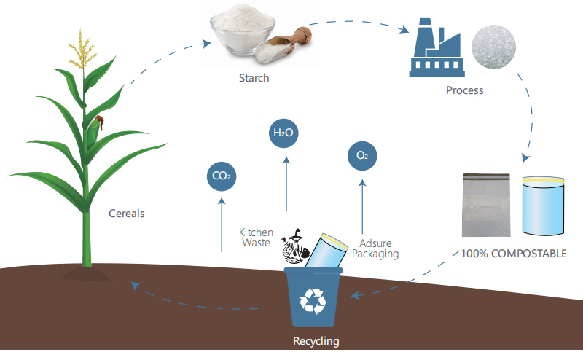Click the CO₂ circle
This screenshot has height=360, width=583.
(222, 176)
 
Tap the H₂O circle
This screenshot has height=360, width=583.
(283, 133)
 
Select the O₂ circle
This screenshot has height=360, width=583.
(362, 156)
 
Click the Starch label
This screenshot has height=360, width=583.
(254, 78)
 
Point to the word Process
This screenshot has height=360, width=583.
(465, 90)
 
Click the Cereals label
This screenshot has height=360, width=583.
(126, 214)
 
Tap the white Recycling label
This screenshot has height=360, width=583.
(316, 341)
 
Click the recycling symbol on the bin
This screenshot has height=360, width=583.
(313, 301)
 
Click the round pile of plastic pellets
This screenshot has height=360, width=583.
(494, 47)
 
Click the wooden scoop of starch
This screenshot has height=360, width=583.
(283, 44)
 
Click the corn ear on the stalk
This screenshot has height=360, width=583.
(95, 132)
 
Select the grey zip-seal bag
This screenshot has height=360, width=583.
(486, 205)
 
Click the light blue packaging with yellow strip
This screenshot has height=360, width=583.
(543, 206)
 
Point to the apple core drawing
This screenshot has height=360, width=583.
(295, 246)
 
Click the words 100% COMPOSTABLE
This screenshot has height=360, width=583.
(514, 254)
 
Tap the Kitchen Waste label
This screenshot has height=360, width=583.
(256, 238)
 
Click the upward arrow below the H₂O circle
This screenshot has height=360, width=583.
(286, 184)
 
